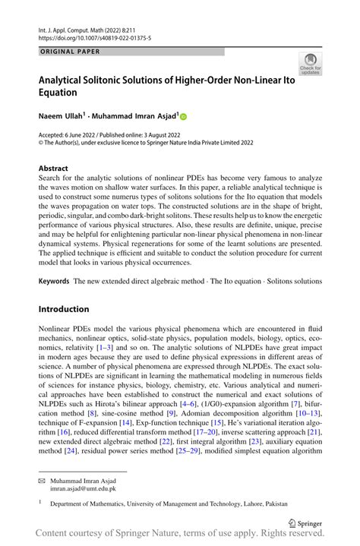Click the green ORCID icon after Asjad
click(183, 117)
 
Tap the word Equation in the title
click(64, 93)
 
